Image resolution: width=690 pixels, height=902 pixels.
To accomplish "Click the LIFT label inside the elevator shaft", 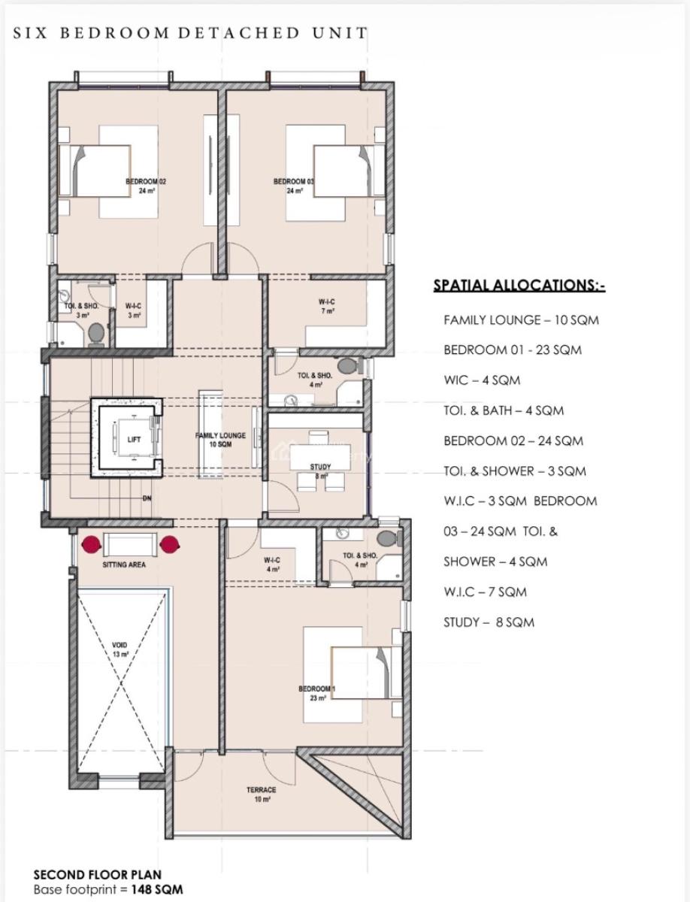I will pos(134,440).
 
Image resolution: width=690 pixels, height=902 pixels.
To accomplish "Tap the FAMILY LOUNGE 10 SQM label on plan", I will pos(220,440).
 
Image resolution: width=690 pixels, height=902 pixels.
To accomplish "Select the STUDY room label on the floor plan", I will pos(320,471).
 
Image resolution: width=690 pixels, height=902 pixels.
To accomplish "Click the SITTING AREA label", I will pos(124,565).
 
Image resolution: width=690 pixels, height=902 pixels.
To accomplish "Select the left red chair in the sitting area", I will pos(92,543).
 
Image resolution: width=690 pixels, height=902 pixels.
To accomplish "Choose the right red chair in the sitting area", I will pos(171,543).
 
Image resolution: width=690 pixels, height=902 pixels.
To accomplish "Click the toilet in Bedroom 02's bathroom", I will pos(95,331).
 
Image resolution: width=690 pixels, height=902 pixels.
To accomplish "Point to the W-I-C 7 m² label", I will pos(327,306).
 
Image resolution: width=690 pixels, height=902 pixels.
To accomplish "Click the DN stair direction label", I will pos(147,498).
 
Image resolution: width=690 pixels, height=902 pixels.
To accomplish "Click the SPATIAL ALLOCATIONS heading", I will pos(519,286).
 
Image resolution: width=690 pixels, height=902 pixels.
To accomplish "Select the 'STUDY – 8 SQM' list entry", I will pos(489,622).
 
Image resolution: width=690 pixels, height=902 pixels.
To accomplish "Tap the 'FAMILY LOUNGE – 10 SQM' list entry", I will pos(521,320).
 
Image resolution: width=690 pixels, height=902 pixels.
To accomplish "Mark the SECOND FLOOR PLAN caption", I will pos(97,875).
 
